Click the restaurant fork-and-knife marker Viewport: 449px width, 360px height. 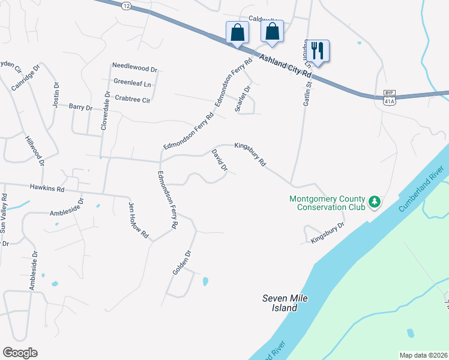click(318, 51)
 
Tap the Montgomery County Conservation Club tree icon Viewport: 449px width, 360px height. click(375, 202)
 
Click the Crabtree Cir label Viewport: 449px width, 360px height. click(132, 99)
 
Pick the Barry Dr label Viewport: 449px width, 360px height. click(80, 107)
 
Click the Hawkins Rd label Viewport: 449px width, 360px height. click(47, 188)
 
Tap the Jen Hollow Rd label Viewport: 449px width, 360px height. click(138, 220)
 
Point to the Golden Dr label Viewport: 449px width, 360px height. click(181, 263)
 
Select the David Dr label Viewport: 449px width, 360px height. click(219, 161)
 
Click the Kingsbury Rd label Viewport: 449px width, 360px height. click(250, 154)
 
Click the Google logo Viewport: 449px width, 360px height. click(20, 353)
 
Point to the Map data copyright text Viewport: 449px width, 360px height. click(423, 355)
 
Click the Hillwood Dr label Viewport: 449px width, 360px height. click(35, 150)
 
